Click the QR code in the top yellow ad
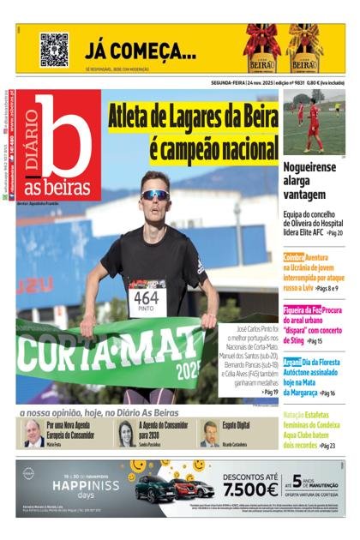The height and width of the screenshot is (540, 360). coord(54,49)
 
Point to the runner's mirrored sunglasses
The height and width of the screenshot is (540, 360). coord(155,195)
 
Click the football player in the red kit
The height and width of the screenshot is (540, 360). coord(312,126)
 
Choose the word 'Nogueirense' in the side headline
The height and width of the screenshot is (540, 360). coord(309,168)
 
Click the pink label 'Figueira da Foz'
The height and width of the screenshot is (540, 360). coord(303,309)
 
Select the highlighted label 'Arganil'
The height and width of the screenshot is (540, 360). coord(292,363)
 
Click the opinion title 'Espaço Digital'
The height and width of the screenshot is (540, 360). coord(237,425)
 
